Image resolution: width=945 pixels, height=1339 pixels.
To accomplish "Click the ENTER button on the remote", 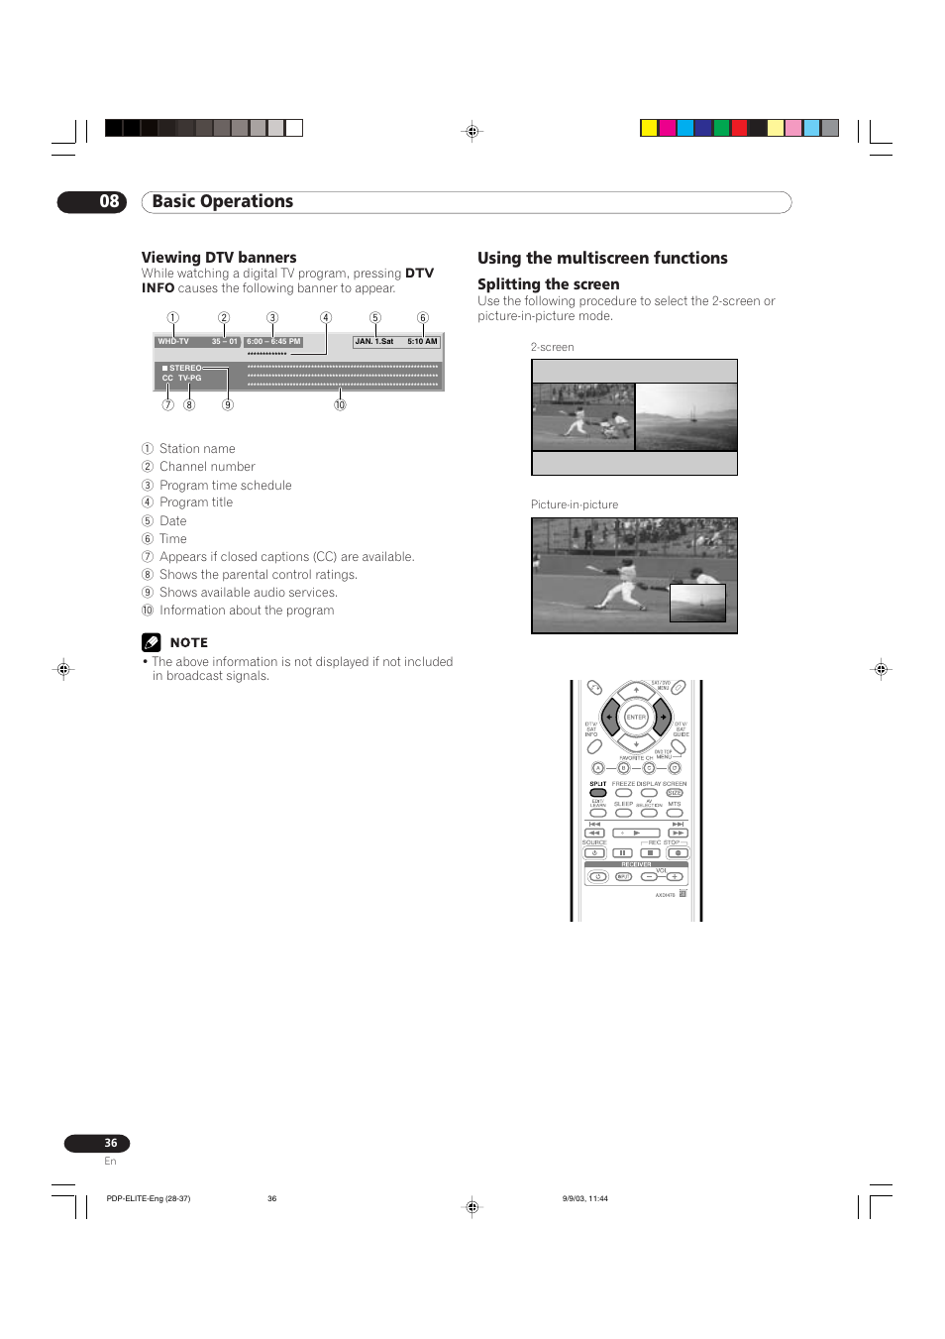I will (636, 717).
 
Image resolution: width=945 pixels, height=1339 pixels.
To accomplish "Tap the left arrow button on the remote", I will (609, 717).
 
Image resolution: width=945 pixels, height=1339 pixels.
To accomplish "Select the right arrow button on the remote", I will (663, 717).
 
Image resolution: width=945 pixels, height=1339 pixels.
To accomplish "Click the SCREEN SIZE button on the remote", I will (675, 793).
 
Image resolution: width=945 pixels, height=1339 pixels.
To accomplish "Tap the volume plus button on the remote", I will (675, 876).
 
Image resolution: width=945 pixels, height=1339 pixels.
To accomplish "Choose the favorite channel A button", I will (597, 768).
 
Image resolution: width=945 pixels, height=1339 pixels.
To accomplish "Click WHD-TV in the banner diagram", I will (173, 342).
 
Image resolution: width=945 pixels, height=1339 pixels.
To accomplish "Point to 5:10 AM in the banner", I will (422, 342).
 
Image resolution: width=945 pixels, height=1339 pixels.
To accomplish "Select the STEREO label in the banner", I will (184, 368).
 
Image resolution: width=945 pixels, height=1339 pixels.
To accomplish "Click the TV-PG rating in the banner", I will (189, 378).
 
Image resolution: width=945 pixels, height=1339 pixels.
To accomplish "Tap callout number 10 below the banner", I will (340, 405).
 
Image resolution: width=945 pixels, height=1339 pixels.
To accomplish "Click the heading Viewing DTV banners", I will (219, 258).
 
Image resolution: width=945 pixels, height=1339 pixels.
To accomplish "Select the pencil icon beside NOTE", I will (151, 642).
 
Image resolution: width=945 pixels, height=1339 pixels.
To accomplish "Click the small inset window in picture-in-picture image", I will (697, 603).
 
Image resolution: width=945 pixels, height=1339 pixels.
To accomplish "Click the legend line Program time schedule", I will (225, 486).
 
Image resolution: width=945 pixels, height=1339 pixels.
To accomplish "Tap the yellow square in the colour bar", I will (649, 128).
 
